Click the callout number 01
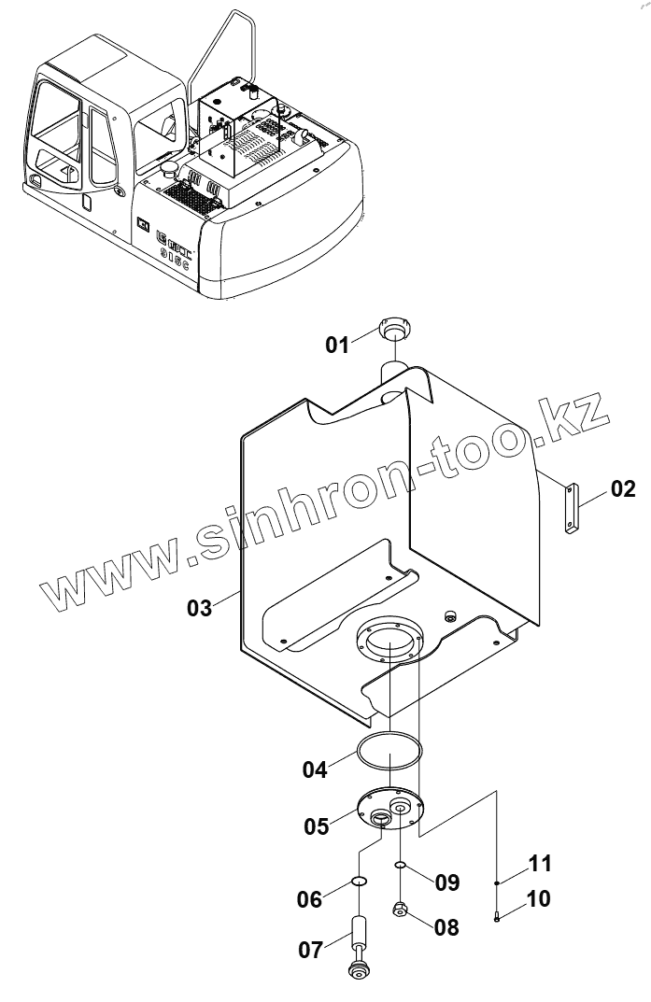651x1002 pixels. pyautogui.click(x=336, y=345)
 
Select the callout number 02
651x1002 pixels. pyautogui.click(x=623, y=487)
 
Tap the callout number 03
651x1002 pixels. pyautogui.click(x=200, y=608)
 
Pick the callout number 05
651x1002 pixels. pyautogui.click(x=316, y=826)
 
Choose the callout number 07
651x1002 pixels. pyautogui.click(x=310, y=951)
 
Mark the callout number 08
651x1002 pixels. pyautogui.click(x=446, y=927)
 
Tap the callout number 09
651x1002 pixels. pyautogui.click(x=447, y=882)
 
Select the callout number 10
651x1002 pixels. pyautogui.click(x=538, y=899)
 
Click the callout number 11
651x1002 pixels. pyautogui.click(x=538, y=862)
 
